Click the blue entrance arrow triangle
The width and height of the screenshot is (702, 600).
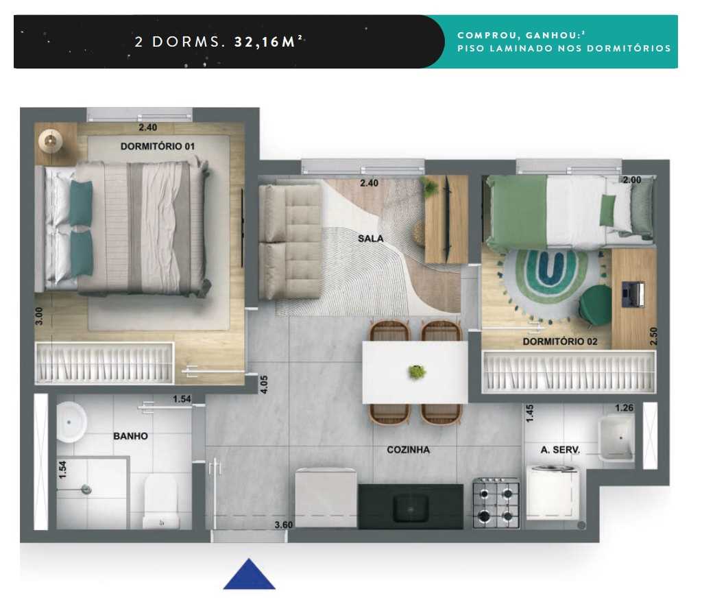(x=249, y=576)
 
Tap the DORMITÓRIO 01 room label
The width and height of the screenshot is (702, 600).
(x=158, y=146)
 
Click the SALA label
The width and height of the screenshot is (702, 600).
(x=370, y=239)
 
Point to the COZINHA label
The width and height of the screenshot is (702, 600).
(x=408, y=450)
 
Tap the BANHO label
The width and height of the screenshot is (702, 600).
(x=130, y=435)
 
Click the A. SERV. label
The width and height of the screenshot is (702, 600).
(x=560, y=450)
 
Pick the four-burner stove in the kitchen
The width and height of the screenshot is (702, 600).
(x=496, y=505)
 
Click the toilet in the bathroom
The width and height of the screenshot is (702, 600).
(x=161, y=503)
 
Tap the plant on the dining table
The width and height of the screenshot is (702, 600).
(x=416, y=372)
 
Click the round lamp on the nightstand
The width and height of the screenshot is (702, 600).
(x=50, y=140)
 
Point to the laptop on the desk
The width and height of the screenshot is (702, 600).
(x=633, y=293)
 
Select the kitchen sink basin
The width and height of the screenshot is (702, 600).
(x=411, y=508)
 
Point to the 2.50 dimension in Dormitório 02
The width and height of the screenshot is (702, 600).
(x=653, y=336)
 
